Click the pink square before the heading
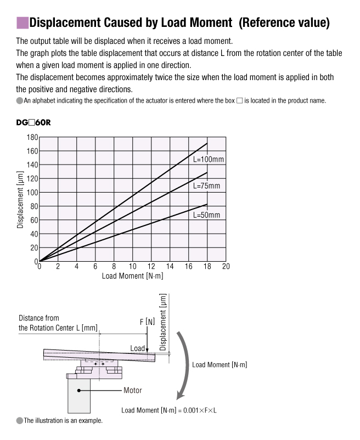coord(22,22)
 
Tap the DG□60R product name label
coord(33,122)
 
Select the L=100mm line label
coord(209,159)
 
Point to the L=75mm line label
coord(206,186)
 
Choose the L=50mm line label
coord(206,215)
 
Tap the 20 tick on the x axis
coord(226,267)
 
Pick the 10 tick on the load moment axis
coord(132,267)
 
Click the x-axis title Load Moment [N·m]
coord(132,276)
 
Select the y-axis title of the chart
coord(20,200)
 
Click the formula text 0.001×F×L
coord(197,410)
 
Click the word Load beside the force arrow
coord(137,348)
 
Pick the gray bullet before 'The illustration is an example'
coord(20,421)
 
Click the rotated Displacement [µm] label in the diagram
coord(162,322)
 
